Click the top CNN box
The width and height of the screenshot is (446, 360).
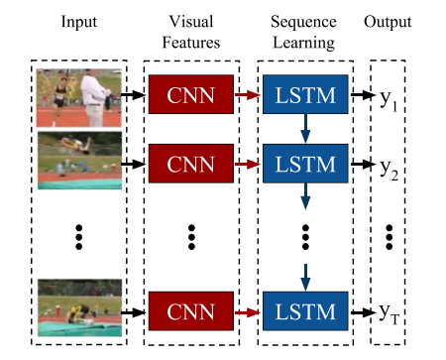click(x=188, y=94)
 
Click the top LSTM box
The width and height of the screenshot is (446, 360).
click(x=305, y=94)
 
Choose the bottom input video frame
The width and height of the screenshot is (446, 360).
click(x=77, y=308)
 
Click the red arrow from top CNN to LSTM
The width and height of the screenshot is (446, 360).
click(x=246, y=94)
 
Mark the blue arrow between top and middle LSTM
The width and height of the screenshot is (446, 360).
click(x=305, y=126)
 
